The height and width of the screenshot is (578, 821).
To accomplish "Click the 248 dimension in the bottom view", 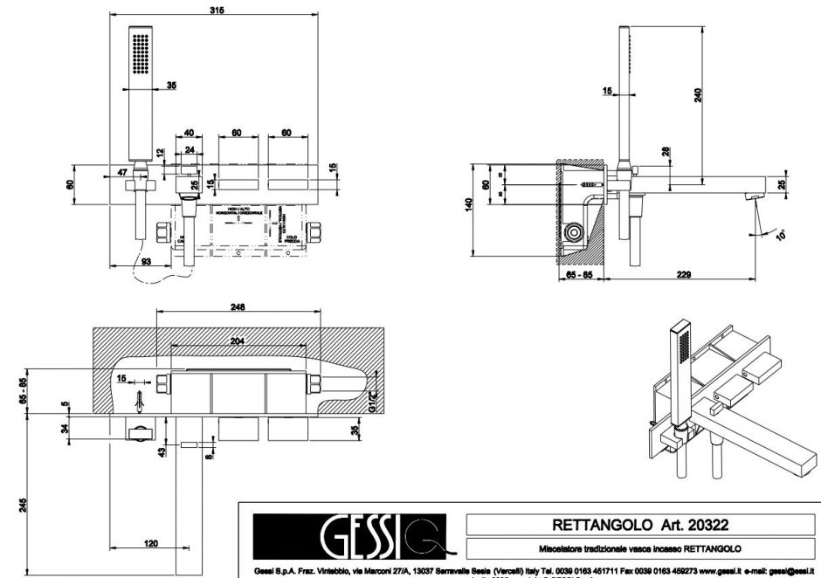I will click(x=237, y=307).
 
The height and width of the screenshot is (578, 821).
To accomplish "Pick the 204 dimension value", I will click(x=237, y=340).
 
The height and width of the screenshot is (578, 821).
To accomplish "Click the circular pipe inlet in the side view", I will click(x=575, y=232).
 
